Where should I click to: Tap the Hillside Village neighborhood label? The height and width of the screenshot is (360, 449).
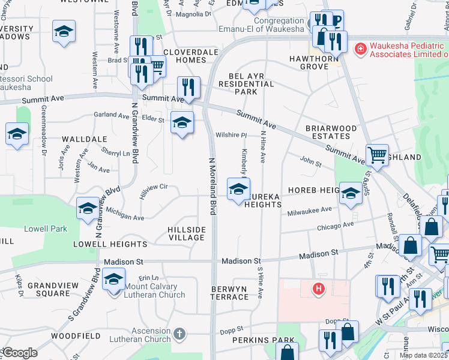click(x=187, y=233)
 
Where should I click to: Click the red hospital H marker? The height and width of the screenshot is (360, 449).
click(x=319, y=289)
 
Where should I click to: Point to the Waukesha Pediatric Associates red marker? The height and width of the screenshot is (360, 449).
click(x=360, y=49)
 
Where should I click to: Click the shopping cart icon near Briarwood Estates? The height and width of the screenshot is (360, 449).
click(x=377, y=155)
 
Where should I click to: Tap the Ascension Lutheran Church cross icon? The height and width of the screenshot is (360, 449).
click(x=179, y=333)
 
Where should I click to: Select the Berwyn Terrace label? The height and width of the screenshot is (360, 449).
click(x=229, y=293)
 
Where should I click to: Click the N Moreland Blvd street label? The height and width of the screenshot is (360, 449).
click(x=211, y=186)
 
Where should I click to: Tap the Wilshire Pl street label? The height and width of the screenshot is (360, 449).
click(x=231, y=135)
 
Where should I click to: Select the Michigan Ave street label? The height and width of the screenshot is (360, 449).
click(x=125, y=214)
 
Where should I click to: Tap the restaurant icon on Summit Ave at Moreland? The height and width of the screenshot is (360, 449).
click(x=188, y=87)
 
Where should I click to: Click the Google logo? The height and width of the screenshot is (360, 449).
click(x=20, y=353)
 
